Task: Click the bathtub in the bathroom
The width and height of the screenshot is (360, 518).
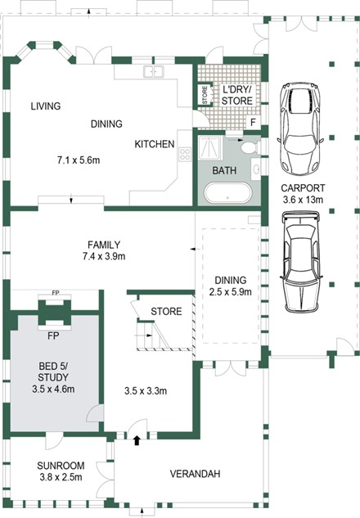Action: pyautogui.click(x=228, y=192)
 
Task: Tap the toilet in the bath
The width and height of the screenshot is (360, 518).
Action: pyautogui.click(x=250, y=147)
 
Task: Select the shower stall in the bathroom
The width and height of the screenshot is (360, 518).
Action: pyautogui.click(x=209, y=148)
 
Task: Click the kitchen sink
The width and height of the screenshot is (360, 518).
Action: pyautogui.click(x=154, y=72)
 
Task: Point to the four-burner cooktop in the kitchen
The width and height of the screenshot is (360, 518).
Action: pyautogui.click(x=185, y=154)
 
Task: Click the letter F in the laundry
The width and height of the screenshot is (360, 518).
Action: pyautogui.click(x=253, y=123)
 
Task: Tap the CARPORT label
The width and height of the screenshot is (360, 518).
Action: pyautogui.click(x=303, y=188)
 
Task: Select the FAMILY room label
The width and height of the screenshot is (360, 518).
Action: pyautogui.click(x=104, y=245)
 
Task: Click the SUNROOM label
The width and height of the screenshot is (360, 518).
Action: pyautogui.click(x=61, y=466)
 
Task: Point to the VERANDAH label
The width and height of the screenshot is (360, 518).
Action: pyautogui.click(x=195, y=474)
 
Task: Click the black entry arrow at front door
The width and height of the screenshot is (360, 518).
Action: pyautogui.click(x=137, y=440)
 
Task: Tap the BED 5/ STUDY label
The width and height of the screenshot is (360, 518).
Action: pyautogui.click(x=53, y=372)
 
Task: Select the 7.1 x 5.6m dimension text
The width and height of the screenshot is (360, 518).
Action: pyautogui.click(x=79, y=160)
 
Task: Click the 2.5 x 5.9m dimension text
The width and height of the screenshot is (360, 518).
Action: pyautogui.click(x=230, y=291)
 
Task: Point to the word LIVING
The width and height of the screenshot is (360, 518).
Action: pyautogui.click(x=46, y=106)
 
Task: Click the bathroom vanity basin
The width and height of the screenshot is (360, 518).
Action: pyautogui.click(x=256, y=169)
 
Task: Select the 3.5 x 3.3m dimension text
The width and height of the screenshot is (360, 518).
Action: pyautogui.click(x=146, y=391)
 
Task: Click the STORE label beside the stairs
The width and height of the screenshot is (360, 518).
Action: pyautogui.click(x=166, y=311)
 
